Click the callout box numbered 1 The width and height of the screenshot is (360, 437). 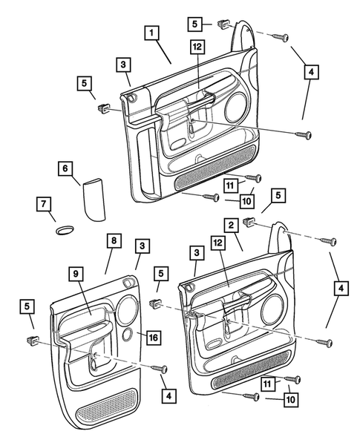tap(151, 33)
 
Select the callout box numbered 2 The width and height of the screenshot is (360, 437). tap(231, 226)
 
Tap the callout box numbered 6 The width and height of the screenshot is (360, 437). tap(65, 168)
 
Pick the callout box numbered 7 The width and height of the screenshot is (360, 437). tap(44, 204)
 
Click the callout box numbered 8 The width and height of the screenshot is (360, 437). tap(114, 240)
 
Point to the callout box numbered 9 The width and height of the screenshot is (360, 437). tap(76, 275)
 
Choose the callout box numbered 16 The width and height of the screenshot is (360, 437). tap(154, 338)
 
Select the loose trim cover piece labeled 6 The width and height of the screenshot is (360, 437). tap(94, 200)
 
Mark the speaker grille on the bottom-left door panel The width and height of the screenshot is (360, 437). tap(107, 407)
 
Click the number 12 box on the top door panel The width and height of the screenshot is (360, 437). tap(197, 47)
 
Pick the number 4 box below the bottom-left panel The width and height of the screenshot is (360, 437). tap(169, 395)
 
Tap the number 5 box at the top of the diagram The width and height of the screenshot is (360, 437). tap(194, 24)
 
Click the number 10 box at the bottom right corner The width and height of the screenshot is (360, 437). tap(290, 400)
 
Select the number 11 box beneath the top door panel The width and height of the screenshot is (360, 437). tap(231, 185)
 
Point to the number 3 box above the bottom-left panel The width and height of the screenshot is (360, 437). tap(143, 246)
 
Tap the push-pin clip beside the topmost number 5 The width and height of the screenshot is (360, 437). tap(223, 24)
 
